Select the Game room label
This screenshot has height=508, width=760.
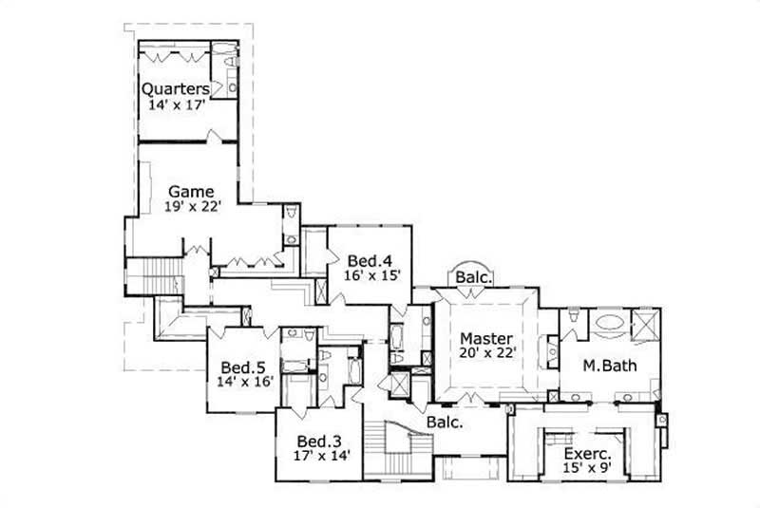[191, 191]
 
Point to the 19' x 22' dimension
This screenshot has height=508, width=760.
[191, 207]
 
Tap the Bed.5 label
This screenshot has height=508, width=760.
[243, 367]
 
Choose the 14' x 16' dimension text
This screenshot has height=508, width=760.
[243, 383]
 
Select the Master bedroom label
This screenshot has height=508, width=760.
[486, 338]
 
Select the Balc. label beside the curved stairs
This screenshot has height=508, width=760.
[444, 423]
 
